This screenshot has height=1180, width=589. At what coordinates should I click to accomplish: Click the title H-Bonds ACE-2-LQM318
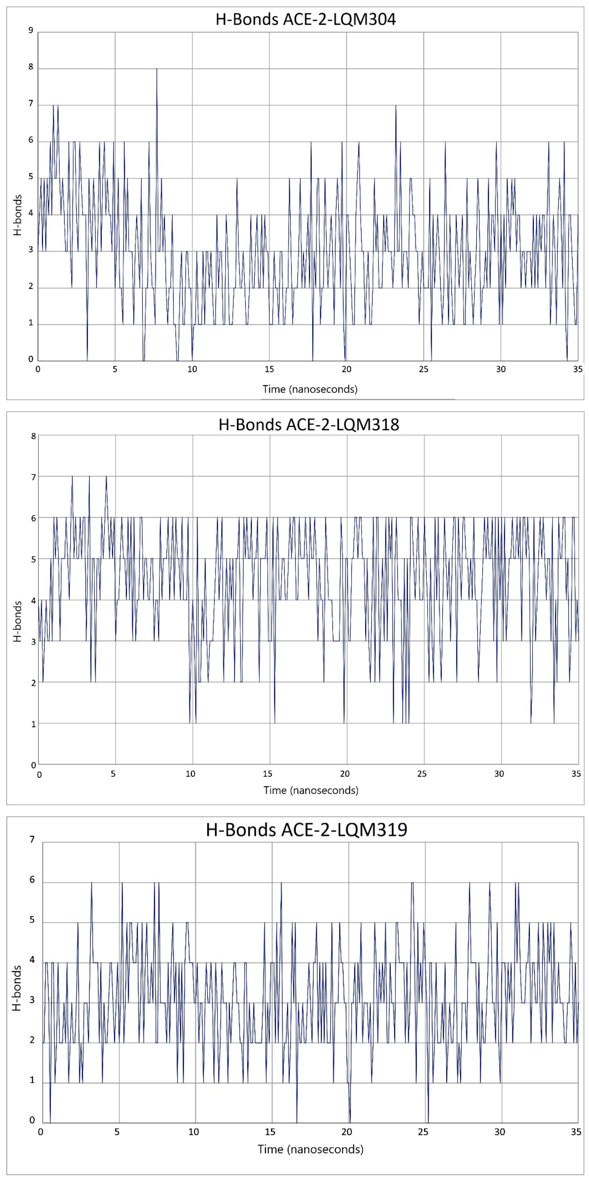(x=309, y=425)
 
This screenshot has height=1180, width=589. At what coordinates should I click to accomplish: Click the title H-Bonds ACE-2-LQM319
(x=306, y=830)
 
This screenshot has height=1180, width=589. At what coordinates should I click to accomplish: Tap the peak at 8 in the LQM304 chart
(x=157, y=69)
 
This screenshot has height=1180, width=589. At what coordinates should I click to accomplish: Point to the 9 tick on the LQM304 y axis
(x=31, y=31)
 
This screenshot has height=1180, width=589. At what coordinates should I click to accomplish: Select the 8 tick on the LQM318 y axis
(x=33, y=436)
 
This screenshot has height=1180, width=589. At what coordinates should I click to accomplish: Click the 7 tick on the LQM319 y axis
(x=32, y=840)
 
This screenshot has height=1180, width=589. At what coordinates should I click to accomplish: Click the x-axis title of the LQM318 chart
(x=311, y=790)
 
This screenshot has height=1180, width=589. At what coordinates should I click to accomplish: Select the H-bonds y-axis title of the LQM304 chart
(x=17, y=215)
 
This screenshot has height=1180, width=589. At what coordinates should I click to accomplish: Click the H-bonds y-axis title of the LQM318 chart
(x=17, y=622)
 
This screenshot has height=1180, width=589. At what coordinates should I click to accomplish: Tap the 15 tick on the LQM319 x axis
(x=270, y=1132)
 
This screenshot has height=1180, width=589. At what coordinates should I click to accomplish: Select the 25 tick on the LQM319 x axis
(x=423, y=1132)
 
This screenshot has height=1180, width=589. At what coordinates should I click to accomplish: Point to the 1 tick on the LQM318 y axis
(x=33, y=724)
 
